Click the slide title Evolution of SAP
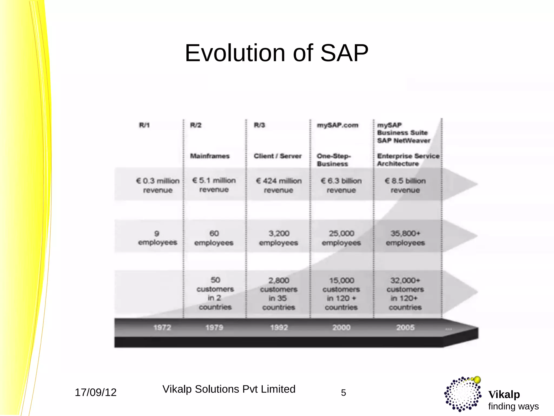pyautogui.click(x=276, y=53)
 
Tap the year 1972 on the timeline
pyautogui.click(x=162, y=327)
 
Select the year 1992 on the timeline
pyautogui.click(x=279, y=327)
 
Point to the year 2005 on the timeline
pyautogui.click(x=405, y=327)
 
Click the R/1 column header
pyautogui.click(x=144, y=125)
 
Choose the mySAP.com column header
pyautogui.click(x=338, y=125)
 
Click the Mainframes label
pyautogui.click(x=210, y=156)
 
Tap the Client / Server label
pyautogui.click(x=278, y=156)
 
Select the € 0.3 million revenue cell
pyautogui.click(x=158, y=185)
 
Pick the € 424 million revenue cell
pyautogui.click(x=279, y=185)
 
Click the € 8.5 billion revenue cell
pyautogui.click(x=405, y=185)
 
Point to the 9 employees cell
pyautogui.click(x=157, y=238)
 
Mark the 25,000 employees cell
pyautogui.click(x=341, y=238)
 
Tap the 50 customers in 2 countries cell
pyautogui.click(x=215, y=293)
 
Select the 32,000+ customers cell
pyautogui.click(x=405, y=294)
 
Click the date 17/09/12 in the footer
pyautogui.click(x=95, y=392)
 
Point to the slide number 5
pyautogui.click(x=343, y=393)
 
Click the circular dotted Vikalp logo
pyautogui.click(x=463, y=394)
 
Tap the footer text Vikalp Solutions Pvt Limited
pyautogui.click(x=229, y=389)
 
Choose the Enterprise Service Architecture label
pyautogui.click(x=408, y=160)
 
